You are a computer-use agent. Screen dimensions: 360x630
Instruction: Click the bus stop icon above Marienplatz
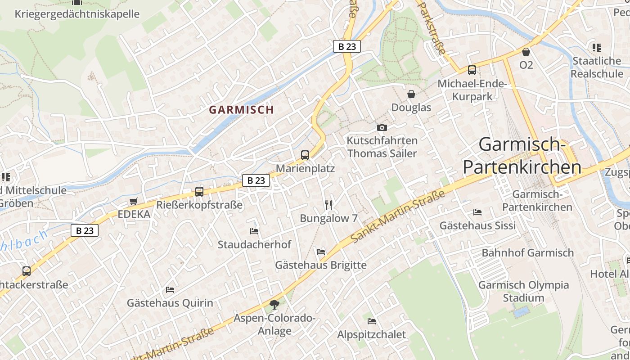click(305, 155)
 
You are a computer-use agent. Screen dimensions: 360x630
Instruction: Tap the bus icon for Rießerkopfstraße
click(199, 192)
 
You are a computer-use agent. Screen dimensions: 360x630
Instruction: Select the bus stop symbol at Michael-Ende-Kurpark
click(472, 70)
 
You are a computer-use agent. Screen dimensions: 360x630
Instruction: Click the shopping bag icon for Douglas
click(411, 94)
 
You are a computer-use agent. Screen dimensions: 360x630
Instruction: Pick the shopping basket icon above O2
click(526, 52)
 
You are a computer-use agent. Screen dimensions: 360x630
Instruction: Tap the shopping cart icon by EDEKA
click(133, 201)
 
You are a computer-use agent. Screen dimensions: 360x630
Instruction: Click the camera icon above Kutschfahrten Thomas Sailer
click(382, 127)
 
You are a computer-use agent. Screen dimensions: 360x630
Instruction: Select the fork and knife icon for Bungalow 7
click(328, 205)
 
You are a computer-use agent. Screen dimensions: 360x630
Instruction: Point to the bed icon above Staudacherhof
click(254, 231)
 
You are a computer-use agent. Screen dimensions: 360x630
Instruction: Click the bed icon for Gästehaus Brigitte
click(321, 252)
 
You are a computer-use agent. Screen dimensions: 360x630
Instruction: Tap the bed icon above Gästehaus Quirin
click(170, 289)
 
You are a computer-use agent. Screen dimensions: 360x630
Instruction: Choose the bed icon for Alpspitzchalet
click(372, 321)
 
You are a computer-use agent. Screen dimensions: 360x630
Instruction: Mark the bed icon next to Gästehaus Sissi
click(477, 212)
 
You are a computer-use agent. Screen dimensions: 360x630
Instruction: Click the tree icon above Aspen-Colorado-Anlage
click(274, 305)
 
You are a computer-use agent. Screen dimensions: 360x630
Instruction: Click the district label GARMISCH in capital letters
click(241, 109)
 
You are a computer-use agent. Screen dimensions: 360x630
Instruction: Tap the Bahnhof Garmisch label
click(528, 252)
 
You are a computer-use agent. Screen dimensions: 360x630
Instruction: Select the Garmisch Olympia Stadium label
click(523, 291)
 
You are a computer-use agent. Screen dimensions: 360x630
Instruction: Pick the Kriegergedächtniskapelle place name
click(77, 14)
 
